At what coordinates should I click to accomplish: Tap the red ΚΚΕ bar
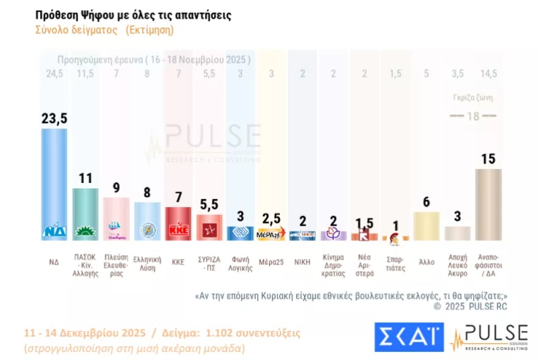[x=178, y=223]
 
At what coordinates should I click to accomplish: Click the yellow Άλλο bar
[x=426, y=226]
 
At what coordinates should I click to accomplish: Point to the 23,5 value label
[x=54, y=118]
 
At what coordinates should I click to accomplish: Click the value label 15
[x=488, y=159]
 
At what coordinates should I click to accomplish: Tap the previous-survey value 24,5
[x=53, y=74]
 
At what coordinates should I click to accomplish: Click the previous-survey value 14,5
[x=488, y=74]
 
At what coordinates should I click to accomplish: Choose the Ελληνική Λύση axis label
[x=147, y=263]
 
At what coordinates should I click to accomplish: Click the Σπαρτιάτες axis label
[x=396, y=263]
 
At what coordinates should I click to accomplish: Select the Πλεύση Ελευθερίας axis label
[x=116, y=266]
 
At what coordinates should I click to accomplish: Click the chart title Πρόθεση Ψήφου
[x=133, y=15]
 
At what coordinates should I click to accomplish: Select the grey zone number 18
[x=473, y=116]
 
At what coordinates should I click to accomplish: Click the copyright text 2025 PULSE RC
[x=470, y=306]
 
